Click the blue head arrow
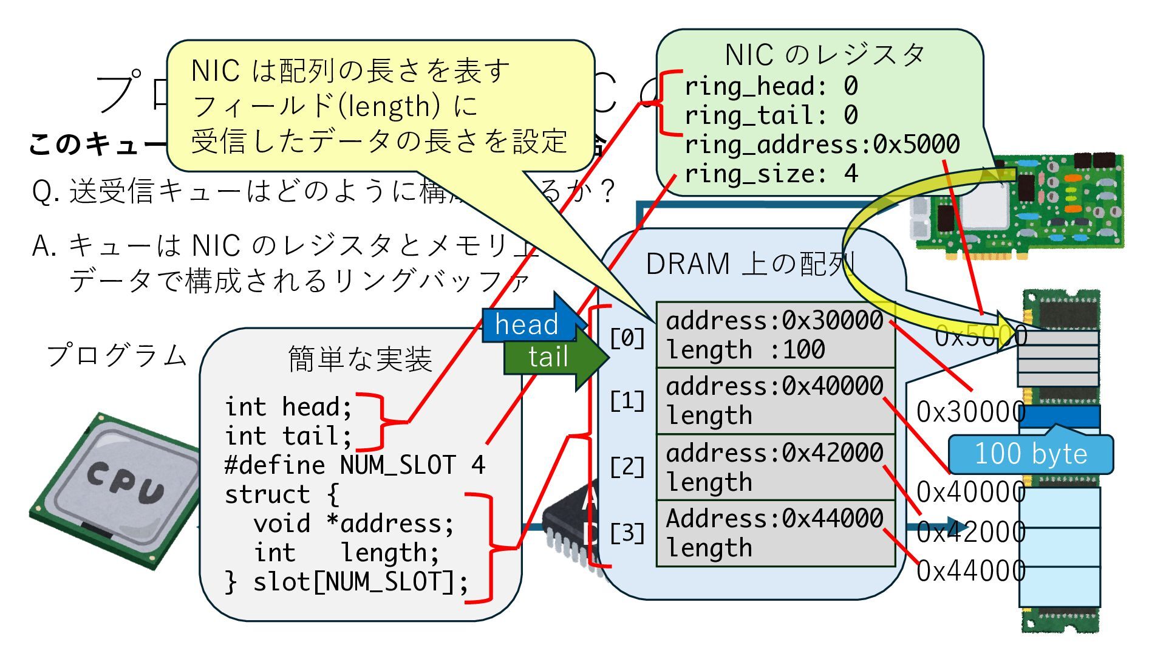(x=527, y=324)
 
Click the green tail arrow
(x=548, y=357)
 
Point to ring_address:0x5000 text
(x=822, y=145)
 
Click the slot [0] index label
(x=627, y=338)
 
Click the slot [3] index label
(x=627, y=533)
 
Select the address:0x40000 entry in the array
(x=774, y=386)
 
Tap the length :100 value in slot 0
(x=746, y=350)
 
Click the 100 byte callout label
(x=1031, y=454)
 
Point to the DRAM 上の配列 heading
(x=749, y=264)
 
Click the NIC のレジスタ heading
(x=824, y=55)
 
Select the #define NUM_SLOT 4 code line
(x=355, y=465)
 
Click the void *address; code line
(x=353, y=524)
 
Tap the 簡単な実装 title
(x=360, y=359)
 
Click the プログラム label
(x=117, y=355)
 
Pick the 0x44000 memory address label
(x=970, y=571)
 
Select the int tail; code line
(x=288, y=436)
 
